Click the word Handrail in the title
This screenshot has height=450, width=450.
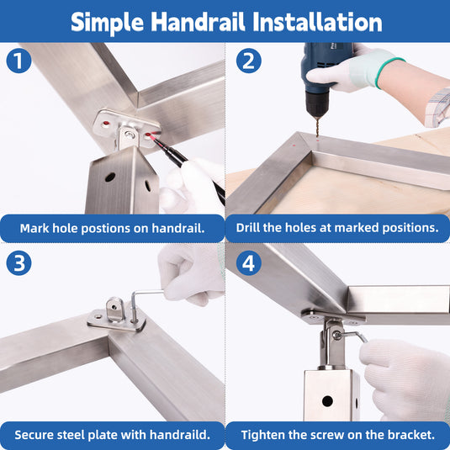[198, 22]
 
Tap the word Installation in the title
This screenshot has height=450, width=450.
[317, 22]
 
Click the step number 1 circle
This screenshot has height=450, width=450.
[19, 61]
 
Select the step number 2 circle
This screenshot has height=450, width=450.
[248, 61]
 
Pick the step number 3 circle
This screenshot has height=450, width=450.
[19, 263]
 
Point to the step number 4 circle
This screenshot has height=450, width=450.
[248, 263]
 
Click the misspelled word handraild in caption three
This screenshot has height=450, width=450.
[180, 435]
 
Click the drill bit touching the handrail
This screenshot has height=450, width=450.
[317, 128]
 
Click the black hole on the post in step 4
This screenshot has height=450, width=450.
[327, 401]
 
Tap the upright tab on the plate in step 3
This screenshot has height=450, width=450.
[114, 310]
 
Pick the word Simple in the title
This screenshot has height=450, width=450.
[108, 23]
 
